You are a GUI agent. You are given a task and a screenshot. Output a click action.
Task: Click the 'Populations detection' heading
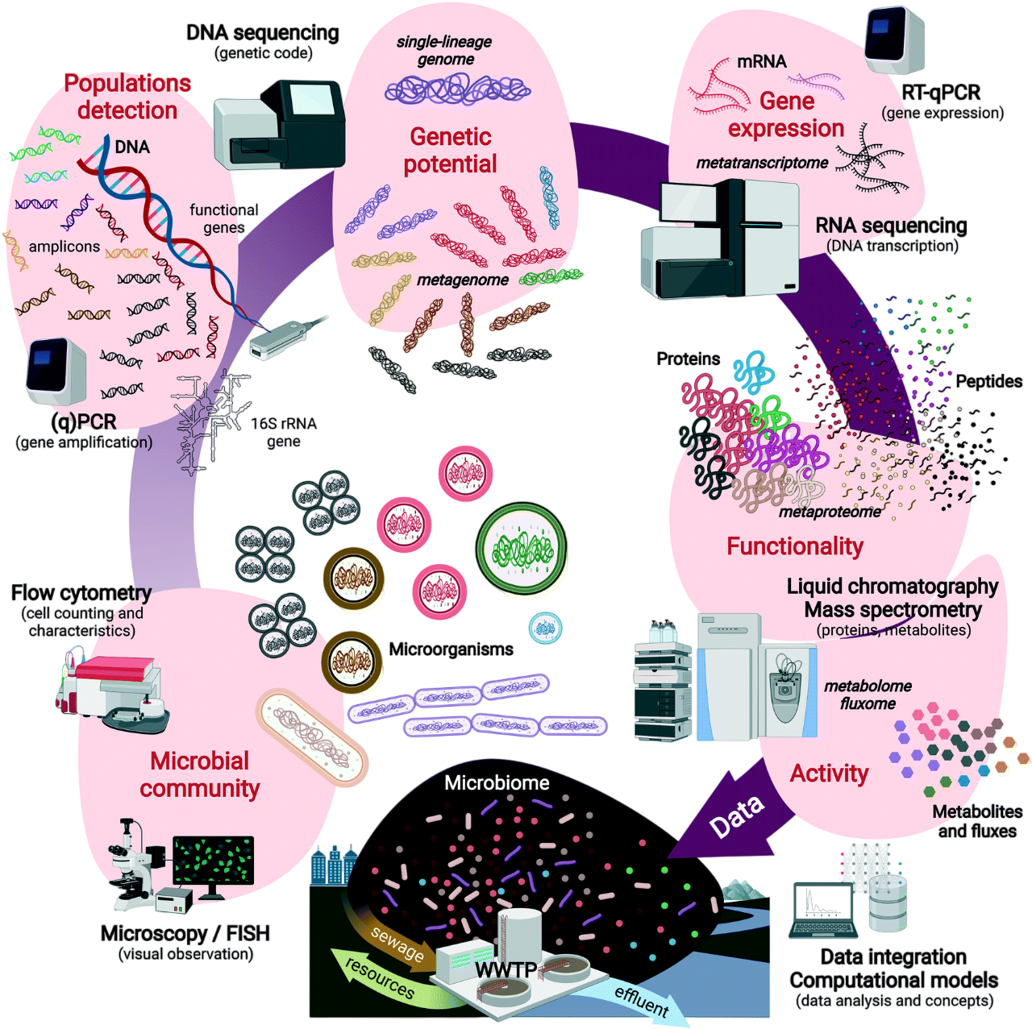[x=127, y=96]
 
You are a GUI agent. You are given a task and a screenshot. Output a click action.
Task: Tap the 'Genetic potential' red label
[x=450, y=150]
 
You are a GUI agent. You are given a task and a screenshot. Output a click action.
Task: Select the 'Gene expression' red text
[x=786, y=114]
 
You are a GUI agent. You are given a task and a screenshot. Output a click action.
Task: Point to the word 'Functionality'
[x=795, y=546]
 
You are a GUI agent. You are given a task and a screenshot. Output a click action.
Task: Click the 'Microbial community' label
[x=200, y=774]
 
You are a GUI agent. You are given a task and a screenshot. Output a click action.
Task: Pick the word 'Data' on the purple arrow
[x=735, y=816]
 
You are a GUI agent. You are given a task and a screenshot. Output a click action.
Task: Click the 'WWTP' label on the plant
[x=506, y=969]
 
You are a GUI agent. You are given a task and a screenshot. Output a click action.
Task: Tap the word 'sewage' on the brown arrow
[x=397, y=943]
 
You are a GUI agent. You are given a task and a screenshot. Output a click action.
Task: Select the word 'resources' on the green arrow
[x=379, y=977]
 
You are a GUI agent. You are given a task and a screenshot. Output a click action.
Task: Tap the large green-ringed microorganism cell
[x=521, y=550]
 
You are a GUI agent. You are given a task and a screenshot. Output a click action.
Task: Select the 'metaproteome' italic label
[x=830, y=512]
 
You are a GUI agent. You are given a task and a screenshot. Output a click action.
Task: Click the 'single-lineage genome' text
[x=444, y=50]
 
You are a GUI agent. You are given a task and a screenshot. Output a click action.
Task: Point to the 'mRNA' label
[x=761, y=62]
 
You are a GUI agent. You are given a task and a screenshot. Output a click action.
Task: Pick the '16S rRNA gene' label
[x=284, y=432]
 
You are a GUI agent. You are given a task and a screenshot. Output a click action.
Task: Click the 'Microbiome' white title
[x=497, y=782]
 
